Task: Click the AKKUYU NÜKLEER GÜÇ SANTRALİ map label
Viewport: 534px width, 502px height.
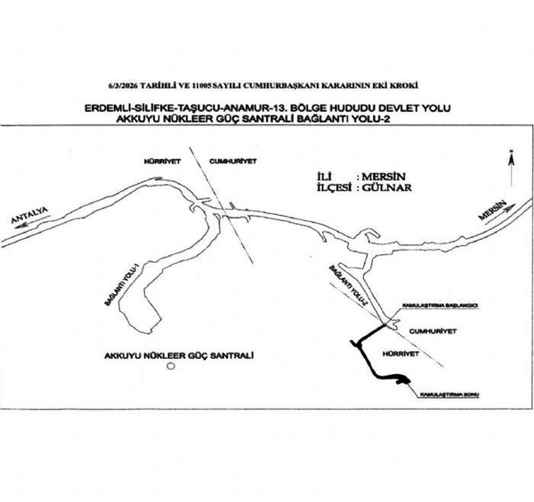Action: click(179, 355)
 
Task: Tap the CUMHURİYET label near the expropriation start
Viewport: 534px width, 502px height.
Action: click(433, 329)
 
